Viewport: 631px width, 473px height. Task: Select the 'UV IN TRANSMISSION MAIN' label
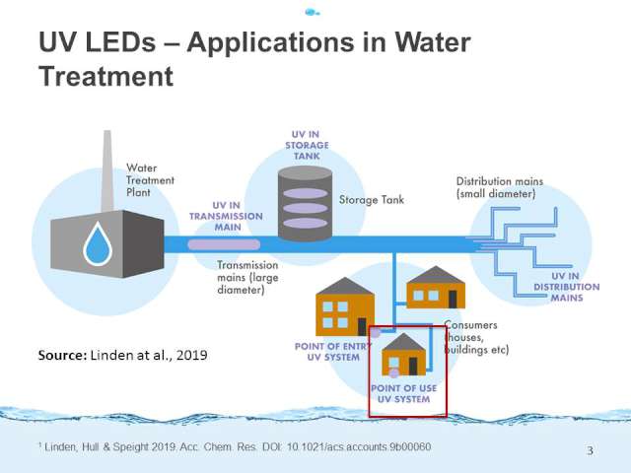pos(226,216)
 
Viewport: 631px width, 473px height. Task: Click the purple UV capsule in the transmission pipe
pos(227,243)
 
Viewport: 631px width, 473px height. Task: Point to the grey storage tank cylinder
pos(305,202)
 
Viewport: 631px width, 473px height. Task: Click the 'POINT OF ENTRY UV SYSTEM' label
pos(331,352)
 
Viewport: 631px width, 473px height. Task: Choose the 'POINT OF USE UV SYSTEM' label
pos(404,395)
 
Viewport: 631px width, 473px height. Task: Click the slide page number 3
pos(590,451)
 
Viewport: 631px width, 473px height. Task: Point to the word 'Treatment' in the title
pos(105,75)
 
